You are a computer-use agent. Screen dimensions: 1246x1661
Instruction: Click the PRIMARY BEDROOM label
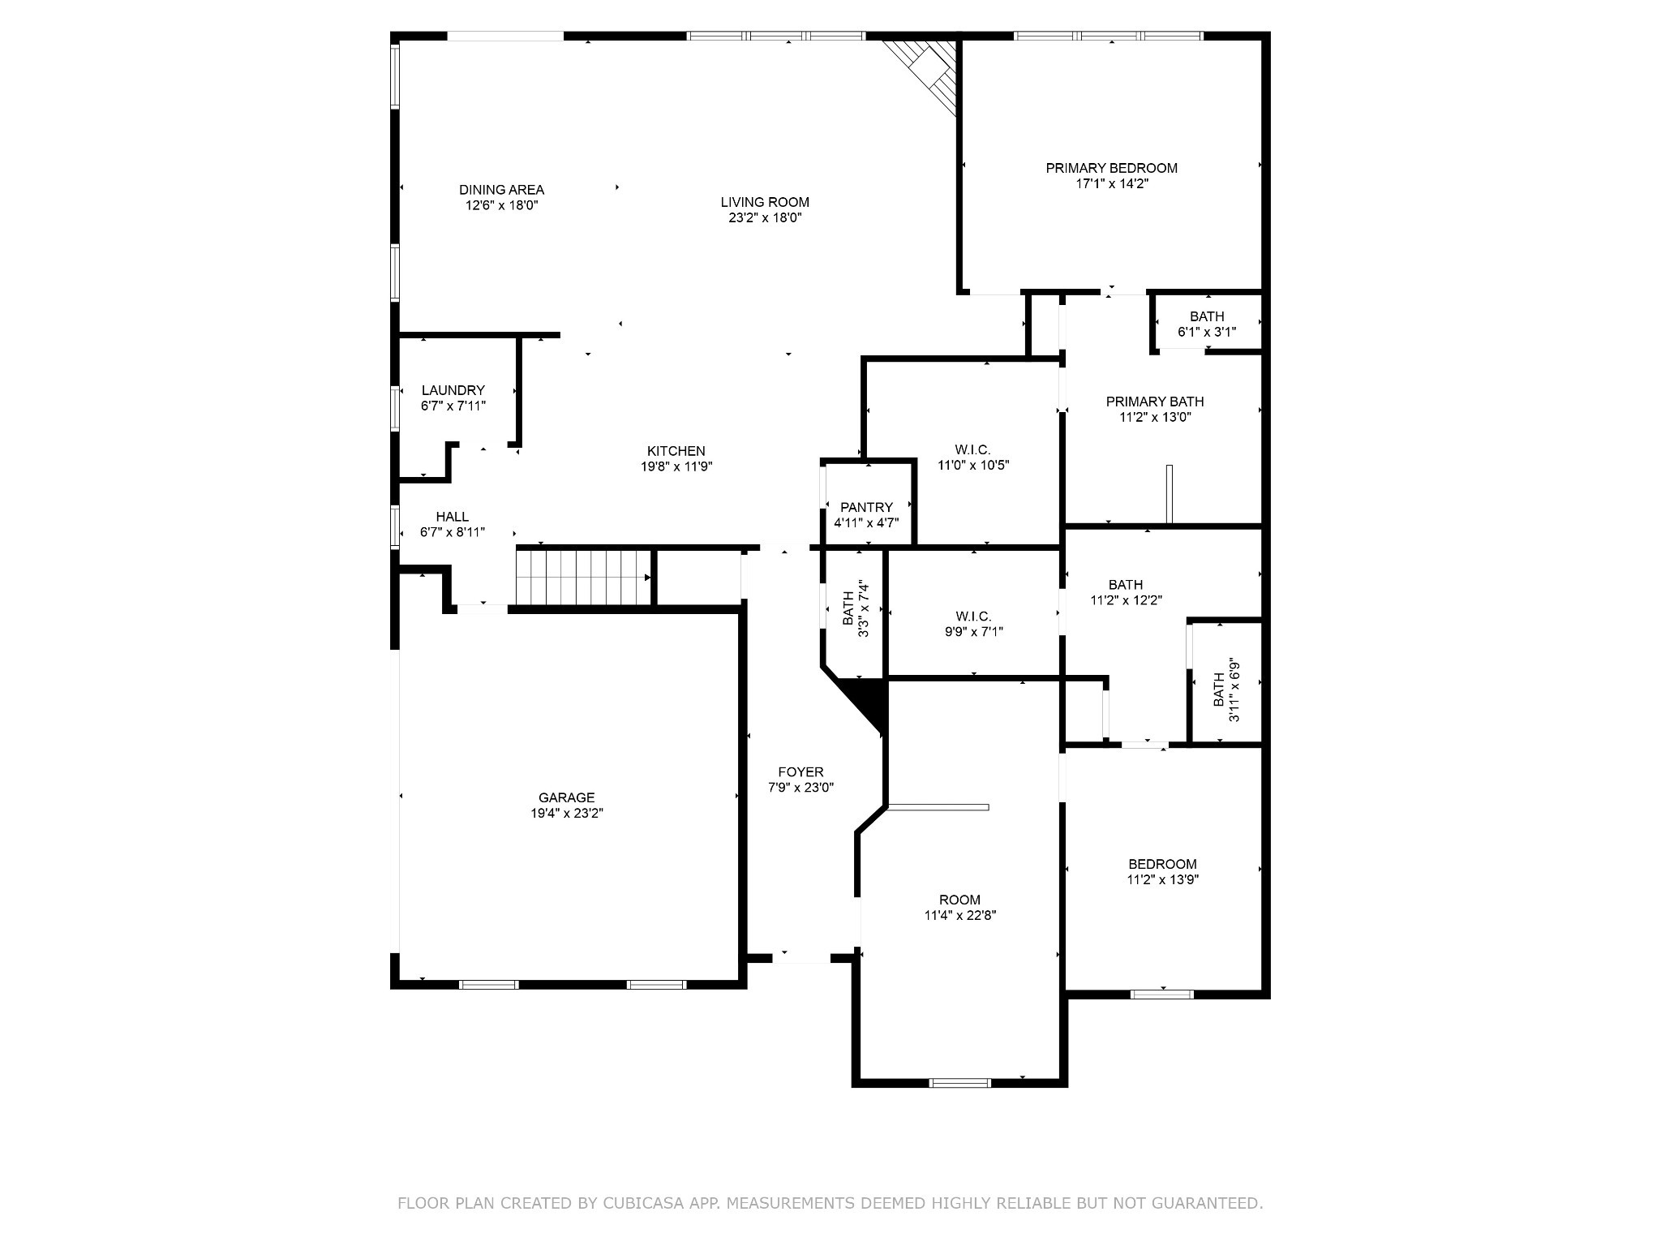pyautogui.click(x=1111, y=168)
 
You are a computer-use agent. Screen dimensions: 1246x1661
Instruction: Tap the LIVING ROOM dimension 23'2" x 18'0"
pyautogui.click(x=765, y=218)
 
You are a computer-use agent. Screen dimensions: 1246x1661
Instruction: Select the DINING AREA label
pyautogui.click(x=501, y=190)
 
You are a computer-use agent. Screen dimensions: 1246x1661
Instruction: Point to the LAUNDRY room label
pyautogui.click(x=453, y=390)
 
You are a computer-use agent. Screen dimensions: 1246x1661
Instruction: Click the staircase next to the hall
pyautogui.click(x=584, y=577)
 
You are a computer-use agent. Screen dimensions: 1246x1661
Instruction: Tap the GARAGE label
pyautogui.click(x=566, y=797)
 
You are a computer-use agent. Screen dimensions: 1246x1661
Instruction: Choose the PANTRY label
pyautogui.click(x=866, y=508)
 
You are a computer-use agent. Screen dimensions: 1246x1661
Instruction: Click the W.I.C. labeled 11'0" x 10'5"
pyautogui.click(x=972, y=458)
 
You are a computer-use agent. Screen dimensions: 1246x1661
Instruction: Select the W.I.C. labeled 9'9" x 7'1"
pyautogui.click(x=973, y=624)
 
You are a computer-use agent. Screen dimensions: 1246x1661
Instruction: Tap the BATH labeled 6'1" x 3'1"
pyautogui.click(x=1207, y=324)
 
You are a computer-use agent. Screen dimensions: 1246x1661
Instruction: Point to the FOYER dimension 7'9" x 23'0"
pyautogui.click(x=800, y=788)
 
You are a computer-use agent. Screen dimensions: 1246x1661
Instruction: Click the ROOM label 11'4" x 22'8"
pyautogui.click(x=959, y=900)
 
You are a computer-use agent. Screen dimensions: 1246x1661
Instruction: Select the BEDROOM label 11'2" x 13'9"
pyautogui.click(x=1162, y=864)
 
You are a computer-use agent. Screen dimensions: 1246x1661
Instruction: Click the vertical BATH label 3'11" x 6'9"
pyautogui.click(x=1225, y=690)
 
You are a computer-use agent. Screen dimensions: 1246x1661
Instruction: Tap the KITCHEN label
pyautogui.click(x=676, y=451)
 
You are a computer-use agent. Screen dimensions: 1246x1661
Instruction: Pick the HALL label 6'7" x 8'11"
pyautogui.click(x=452, y=517)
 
